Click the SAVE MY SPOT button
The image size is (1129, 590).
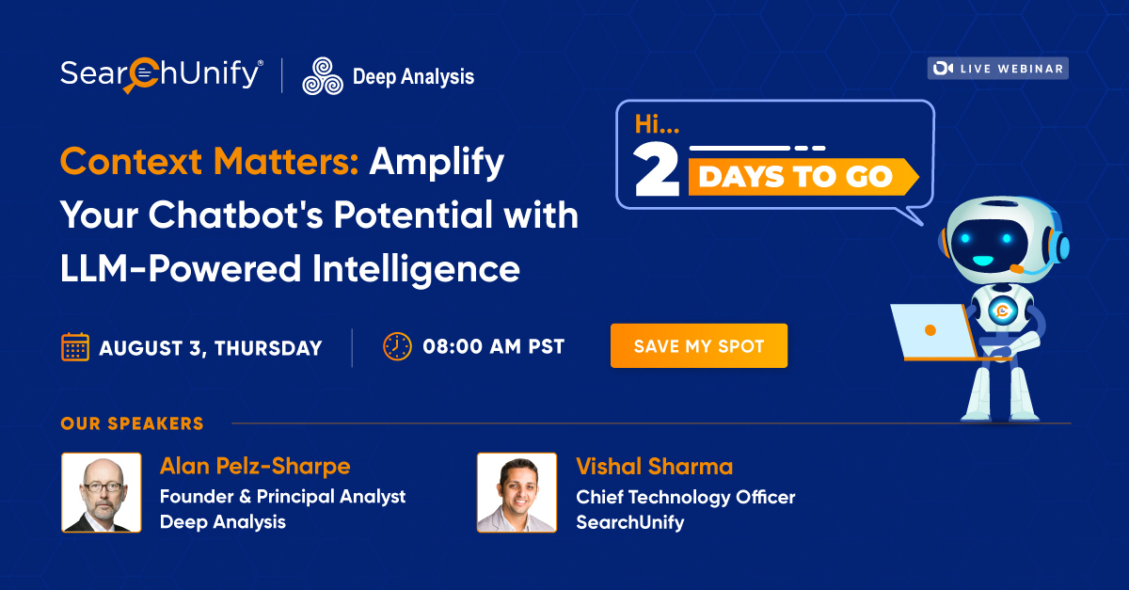click(698, 346)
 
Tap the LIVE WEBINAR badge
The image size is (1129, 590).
click(997, 68)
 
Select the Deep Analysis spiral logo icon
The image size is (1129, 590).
click(322, 76)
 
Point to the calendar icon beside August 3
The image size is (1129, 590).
click(75, 347)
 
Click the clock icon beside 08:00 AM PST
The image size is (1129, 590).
click(397, 346)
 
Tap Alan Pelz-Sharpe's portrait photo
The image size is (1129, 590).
click(102, 492)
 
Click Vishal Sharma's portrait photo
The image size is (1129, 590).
click(517, 492)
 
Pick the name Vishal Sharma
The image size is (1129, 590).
click(654, 467)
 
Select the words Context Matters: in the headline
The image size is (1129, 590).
click(210, 162)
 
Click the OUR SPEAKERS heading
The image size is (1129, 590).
click(132, 423)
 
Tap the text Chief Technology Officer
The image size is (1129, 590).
click(685, 497)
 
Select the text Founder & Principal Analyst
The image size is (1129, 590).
click(282, 496)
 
